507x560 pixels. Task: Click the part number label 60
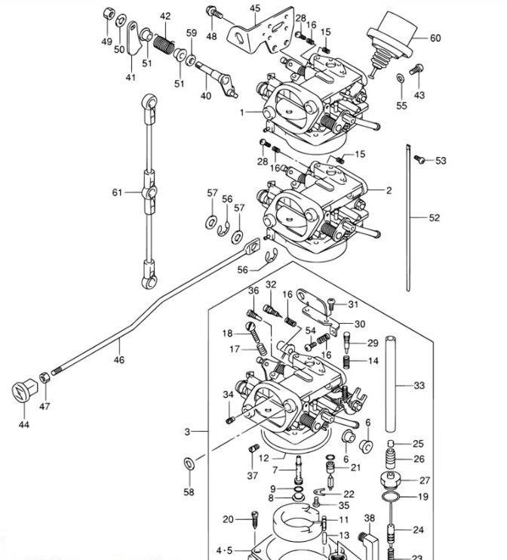[435, 38]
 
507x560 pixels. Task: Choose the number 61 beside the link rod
[117, 192]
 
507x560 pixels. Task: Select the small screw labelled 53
[420, 159]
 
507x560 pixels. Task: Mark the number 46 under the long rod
[118, 360]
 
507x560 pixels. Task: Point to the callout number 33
[419, 386]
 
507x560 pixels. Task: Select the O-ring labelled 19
[389, 497]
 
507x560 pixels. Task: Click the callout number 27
[424, 480]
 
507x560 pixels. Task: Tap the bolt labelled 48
[213, 13]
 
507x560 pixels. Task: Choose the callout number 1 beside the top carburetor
[244, 112]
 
